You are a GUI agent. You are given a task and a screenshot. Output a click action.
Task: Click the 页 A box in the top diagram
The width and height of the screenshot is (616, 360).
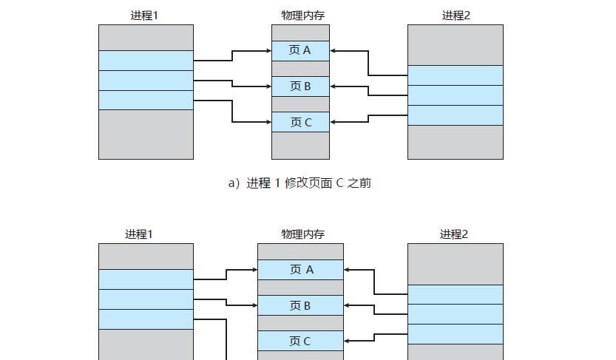click(300, 50)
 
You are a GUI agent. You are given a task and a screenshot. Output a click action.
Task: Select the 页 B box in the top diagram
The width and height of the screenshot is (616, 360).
click(300, 86)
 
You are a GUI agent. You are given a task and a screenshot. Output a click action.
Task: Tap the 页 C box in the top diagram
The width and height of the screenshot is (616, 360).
click(300, 122)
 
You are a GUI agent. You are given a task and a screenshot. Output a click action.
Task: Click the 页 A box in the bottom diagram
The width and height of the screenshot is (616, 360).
click(300, 270)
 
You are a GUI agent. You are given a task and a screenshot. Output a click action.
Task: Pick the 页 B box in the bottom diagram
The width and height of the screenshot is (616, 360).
click(300, 305)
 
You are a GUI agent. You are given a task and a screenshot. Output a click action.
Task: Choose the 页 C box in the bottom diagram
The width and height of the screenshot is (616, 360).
click(300, 341)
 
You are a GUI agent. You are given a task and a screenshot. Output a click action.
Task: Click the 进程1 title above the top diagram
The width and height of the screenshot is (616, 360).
click(144, 15)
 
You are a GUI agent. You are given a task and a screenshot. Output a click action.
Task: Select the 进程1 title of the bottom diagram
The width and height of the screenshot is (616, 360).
click(138, 234)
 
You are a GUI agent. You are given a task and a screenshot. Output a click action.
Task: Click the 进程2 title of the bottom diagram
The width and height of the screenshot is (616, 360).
click(454, 234)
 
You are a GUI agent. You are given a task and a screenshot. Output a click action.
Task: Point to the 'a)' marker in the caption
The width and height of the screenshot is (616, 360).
click(234, 183)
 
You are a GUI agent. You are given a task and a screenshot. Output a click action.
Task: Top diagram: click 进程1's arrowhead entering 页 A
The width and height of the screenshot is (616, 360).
click(268, 51)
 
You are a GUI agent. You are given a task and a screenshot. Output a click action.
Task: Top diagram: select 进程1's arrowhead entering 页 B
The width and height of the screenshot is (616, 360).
click(268, 86)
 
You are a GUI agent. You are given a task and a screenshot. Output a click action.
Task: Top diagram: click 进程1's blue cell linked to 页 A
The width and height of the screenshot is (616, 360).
click(146, 61)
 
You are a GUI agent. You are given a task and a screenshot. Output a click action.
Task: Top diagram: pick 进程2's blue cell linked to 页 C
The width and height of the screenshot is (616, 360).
click(455, 115)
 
